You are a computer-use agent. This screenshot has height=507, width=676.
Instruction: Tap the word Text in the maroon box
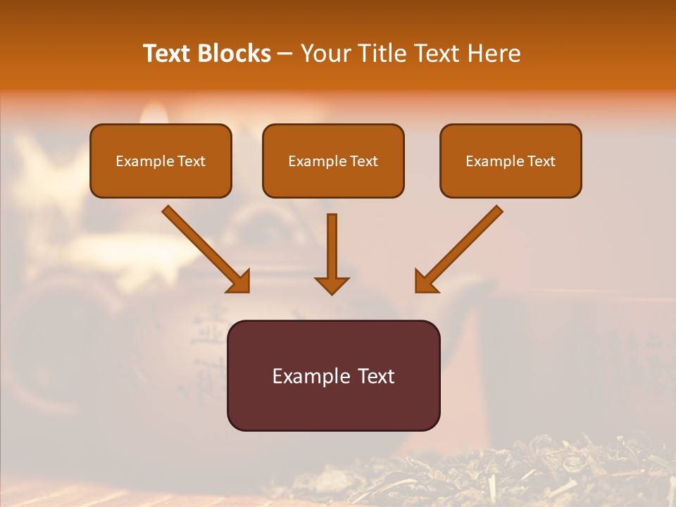(375, 376)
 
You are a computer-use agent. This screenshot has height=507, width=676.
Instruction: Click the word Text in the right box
(541, 161)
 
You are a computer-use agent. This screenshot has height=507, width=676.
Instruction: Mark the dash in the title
(286, 54)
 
